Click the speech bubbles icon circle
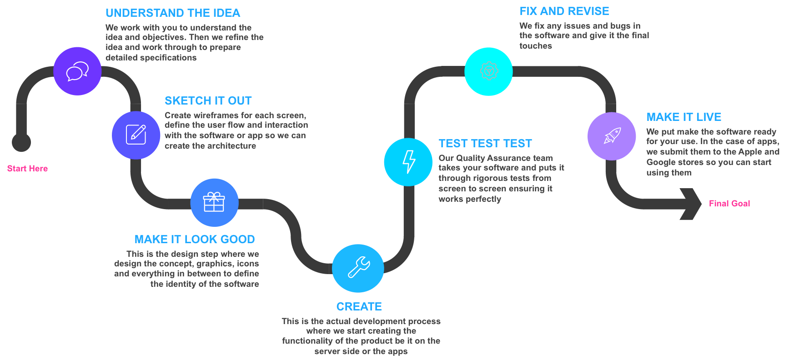(77, 71)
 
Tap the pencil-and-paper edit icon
(136, 135)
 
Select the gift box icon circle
(214, 202)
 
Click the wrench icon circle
(358, 268)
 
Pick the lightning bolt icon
(409, 162)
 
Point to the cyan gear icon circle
(488, 71)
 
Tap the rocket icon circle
(612, 136)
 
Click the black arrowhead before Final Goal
(691, 204)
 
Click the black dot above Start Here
(21, 142)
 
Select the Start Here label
(27, 169)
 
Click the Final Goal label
(729, 204)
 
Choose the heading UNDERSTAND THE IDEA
(173, 13)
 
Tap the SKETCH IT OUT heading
(208, 101)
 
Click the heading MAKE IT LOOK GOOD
(195, 240)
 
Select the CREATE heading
(359, 307)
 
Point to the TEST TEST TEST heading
(485, 144)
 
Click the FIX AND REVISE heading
(564, 11)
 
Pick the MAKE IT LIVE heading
(684, 117)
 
